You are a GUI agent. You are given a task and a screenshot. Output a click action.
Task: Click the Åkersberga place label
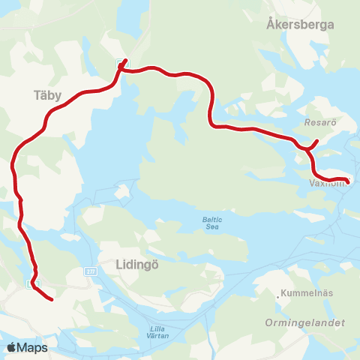[x=300, y=24]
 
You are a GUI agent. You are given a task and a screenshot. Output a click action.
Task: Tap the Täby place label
[x=47, y=95]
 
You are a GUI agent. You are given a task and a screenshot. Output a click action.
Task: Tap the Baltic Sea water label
[x=213, y=223]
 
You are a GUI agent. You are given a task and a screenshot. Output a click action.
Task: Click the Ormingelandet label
[x=304, y=322]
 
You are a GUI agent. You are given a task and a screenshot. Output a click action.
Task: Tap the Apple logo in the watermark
[x=11, y=347]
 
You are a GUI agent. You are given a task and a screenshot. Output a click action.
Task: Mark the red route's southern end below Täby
[x=51, y=300]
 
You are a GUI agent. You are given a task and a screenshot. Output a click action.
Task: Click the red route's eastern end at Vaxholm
[x=347, y=180]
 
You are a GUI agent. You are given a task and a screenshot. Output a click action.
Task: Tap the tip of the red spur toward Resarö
[x=318, y=141]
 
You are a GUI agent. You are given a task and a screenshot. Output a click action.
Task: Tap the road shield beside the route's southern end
[x=31, y=283]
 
